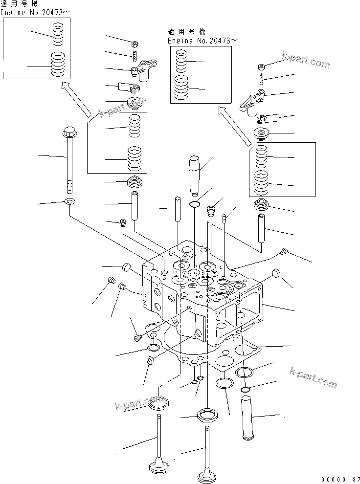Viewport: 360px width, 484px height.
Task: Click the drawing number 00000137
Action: [340, 479]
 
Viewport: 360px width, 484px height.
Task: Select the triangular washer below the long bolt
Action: [69, 201]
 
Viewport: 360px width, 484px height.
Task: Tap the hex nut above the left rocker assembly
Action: [135, 44]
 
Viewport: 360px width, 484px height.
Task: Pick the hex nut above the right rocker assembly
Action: [261, 66]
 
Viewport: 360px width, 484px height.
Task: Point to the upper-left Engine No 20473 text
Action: [35, 12]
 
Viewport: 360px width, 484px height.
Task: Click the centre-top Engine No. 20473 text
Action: [202, 41]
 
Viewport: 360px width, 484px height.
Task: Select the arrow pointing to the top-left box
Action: [77, 99]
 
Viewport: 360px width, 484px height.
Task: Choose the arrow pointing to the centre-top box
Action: [235, 126]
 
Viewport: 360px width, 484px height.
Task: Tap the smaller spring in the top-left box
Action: [58, 34]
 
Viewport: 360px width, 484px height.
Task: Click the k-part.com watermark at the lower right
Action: [313, 377]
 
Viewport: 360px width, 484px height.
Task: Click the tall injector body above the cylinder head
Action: [195, 176]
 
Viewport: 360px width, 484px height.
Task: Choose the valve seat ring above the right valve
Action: [208, 414]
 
